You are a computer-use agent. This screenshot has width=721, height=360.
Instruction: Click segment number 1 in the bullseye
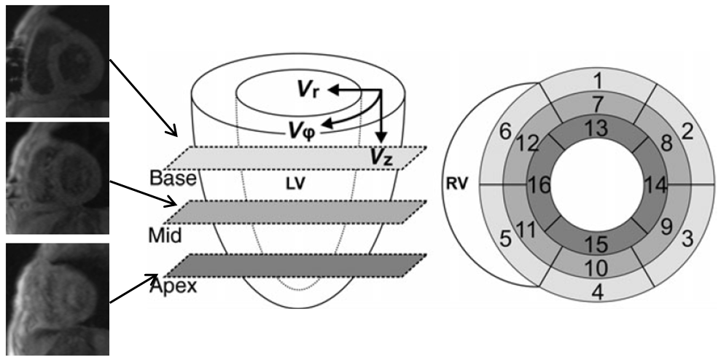pyautogui.click(x=598, y=82)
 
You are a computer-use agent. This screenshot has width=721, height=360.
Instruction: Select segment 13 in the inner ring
pyautogui.click(x=598, y=128)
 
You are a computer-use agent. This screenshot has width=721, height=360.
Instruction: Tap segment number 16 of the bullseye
pyautogui.click(x=539, y=186)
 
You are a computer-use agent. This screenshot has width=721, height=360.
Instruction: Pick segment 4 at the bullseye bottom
pyautogui.click(x=598, y=292)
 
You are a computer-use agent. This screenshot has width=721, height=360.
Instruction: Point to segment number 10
pyautogui.click(x=598, y=267)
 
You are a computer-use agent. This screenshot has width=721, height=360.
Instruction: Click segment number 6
pyautogui.click(x=506, y=133)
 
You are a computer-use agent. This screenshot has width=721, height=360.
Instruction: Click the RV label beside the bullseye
pyautogui.click(x=456, y=185)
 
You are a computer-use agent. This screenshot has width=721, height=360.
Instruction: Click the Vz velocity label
pyautogui.click(x=383, y=157)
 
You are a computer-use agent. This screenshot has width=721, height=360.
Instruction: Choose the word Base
pyautogui.click(x=173, y=179)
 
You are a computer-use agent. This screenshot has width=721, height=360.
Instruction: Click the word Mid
pyautogui.click(x=165, y=236)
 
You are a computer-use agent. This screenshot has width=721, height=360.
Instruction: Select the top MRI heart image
pyautogui.click(x=58, y=61)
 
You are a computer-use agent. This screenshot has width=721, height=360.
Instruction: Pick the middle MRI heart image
pyautogui.click(x=58, y=179)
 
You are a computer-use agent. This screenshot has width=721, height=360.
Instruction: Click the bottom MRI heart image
pyautogui.click(x=58, y=300)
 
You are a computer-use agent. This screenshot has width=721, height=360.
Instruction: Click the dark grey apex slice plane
pyautogui.click(x=295, y=265)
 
